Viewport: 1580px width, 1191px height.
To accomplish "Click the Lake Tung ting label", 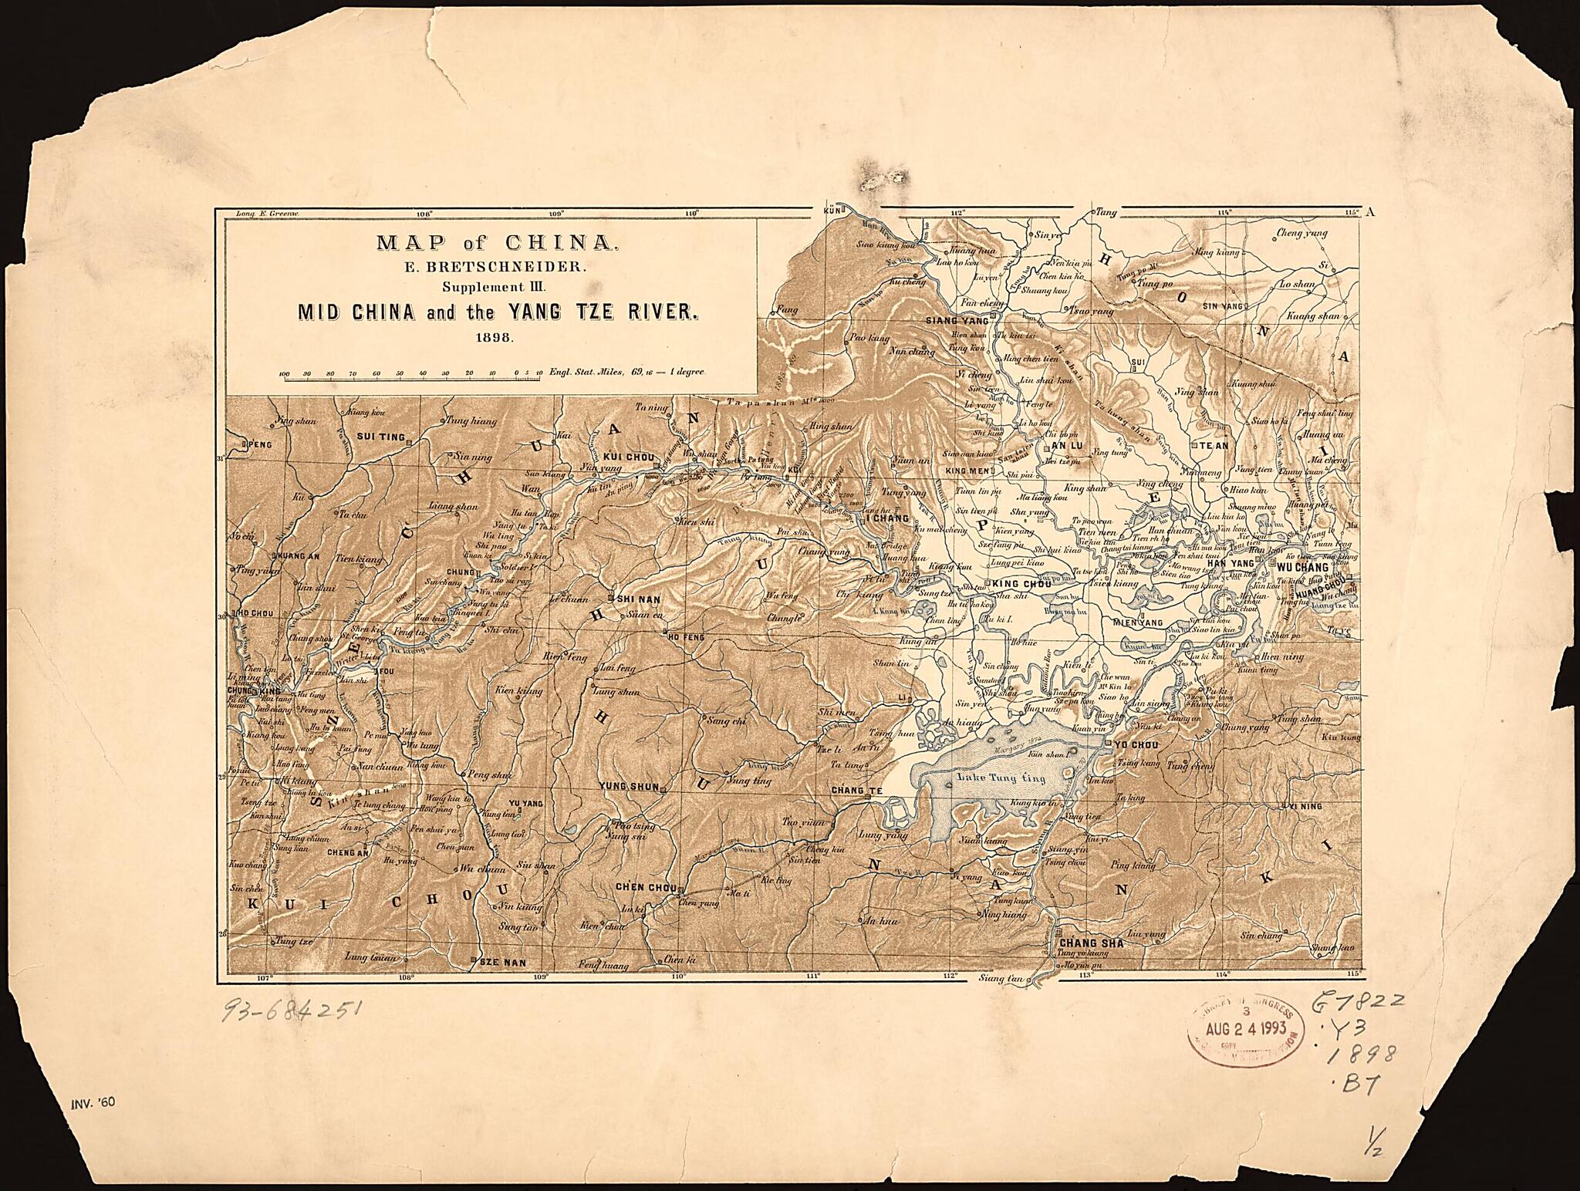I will click(1001, 778).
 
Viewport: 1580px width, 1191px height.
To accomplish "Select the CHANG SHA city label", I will click(1091, 943).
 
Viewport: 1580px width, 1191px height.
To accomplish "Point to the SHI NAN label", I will click(640, 598).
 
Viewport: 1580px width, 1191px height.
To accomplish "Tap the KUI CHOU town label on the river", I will click(629, 457).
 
